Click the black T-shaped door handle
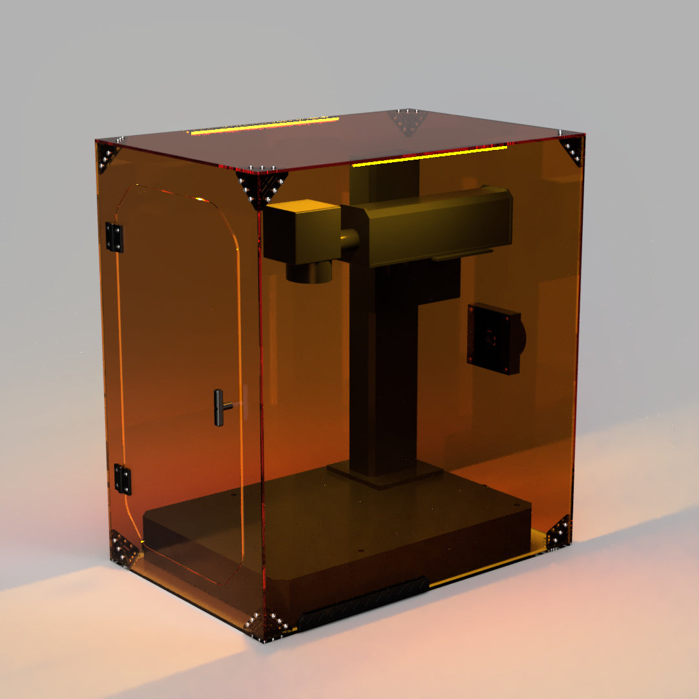[x=220, y=407]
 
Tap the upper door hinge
[x=114, y=237]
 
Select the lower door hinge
[x=122, y=479]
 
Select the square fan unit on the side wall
[x=494, y=338]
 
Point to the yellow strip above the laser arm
[x=429, y=156]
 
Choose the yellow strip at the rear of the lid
[x=264, y=125]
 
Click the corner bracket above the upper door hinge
[x=107, y=157]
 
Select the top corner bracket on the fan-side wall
[x=572, y=150]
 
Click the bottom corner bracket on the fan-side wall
[x=558, y=533]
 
